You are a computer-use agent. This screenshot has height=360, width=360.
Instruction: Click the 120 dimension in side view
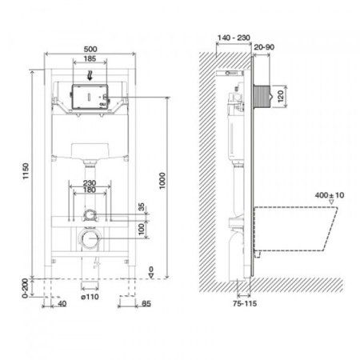(279, 97)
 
